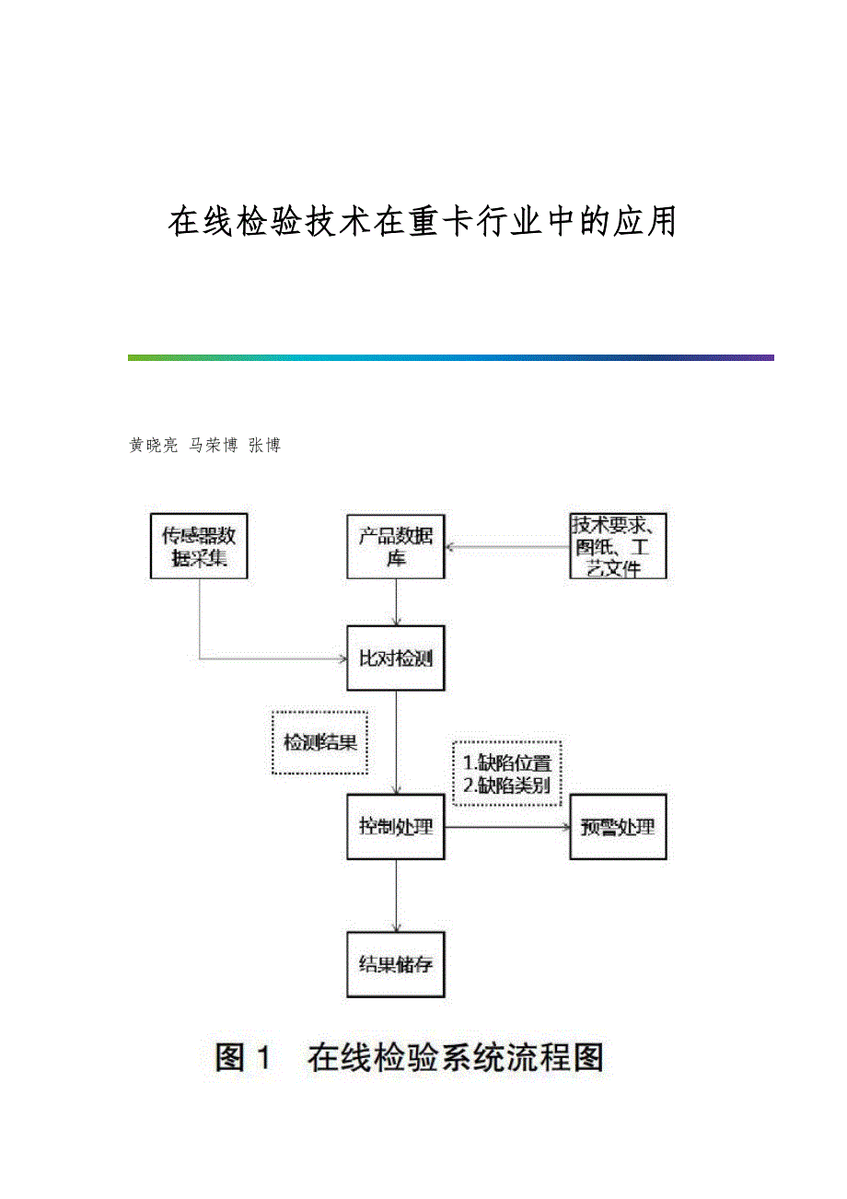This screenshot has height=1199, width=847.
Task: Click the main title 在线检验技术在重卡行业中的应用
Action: pyautogui.click(x=423, y=222)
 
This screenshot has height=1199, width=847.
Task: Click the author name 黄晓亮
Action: pyautogui.click(x=153, y=446)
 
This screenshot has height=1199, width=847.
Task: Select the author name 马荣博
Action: pyautogui.click(x=213, y=446)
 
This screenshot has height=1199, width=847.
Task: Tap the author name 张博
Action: pyautogui.click(x=264, y=446)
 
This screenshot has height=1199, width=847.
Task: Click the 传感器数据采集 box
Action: pyautogui.click(x=199, y=546)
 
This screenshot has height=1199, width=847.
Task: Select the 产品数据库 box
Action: pyautogui.click(x=396, y=546)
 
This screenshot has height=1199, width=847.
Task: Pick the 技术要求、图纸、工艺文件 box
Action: pyautogui.click(x=618, y=546)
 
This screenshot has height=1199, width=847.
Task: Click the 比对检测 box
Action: pyautogui.click(x=396, y=658)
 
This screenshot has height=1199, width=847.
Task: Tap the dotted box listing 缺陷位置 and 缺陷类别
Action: pyautogui.click(x=507, y=774)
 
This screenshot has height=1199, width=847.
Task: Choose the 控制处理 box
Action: pyautogui.click(x=396, y=826)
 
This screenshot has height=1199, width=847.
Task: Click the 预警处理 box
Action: pyautogui.click(x=618, y=826)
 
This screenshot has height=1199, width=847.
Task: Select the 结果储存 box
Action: pyautogui.click(x=396, y=965)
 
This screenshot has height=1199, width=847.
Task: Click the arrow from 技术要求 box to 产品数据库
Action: pyautogui.click(x=507, y=547)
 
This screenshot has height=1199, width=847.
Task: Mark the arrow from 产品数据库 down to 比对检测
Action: pyautogui.click(x=396, y=602)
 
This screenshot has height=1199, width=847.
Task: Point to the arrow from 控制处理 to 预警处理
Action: pyautogui.click(x=507, y=827)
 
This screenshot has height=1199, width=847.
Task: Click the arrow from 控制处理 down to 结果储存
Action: pyautogui.click(x=396, y=896)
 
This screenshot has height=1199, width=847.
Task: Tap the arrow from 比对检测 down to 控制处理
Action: pyautogui.click(x=396, y=742)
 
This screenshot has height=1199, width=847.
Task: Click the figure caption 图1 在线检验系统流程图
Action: pyautogui.click(x=410, y=1057)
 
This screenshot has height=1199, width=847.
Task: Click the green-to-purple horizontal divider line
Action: pyautogui.click(x=450, y=357)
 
